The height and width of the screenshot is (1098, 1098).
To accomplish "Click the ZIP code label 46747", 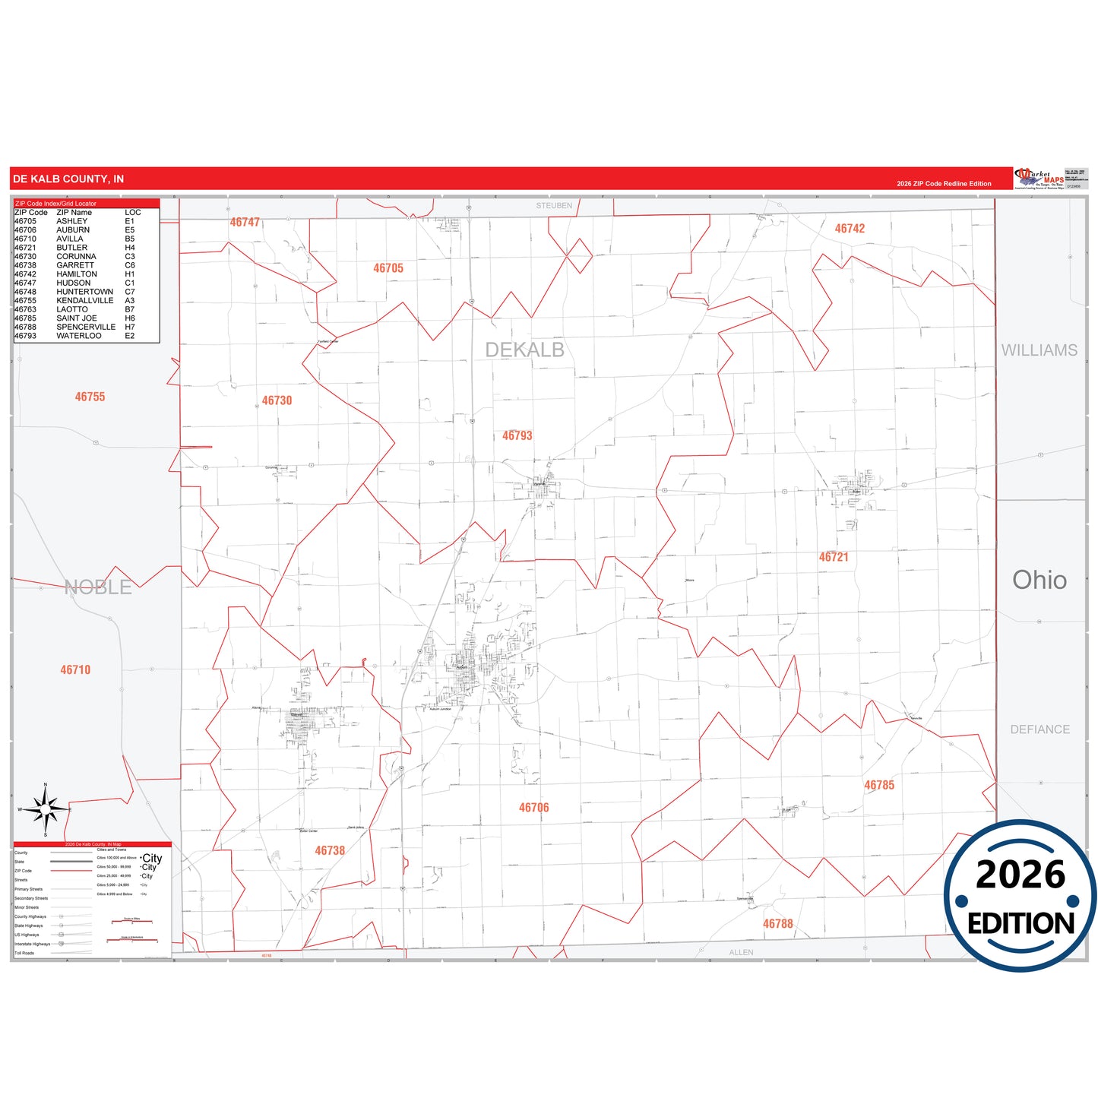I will [x=245, y=223].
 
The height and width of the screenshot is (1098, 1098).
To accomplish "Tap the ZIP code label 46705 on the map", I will [x=388, y=268].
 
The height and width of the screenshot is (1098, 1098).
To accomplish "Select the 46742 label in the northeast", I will [x=850, y=229].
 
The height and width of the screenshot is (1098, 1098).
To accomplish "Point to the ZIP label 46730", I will [x=277, y=400].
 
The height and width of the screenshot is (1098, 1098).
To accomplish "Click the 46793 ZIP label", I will [x=517, y=435].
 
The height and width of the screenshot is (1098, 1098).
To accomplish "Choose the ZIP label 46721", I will [x=834, y=557].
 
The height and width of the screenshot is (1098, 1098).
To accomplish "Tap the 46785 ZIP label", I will [x=879, y=785].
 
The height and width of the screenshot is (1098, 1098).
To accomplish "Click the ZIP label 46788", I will [x=778, y=924].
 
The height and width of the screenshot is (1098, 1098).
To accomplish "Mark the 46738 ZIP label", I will [x=330, y=851].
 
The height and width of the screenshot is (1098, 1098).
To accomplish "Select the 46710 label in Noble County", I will [x=75, y=669].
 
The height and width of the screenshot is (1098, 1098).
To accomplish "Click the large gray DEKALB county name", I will [x=524, y=350].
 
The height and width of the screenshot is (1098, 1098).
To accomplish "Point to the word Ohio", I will [x=1039, y=581].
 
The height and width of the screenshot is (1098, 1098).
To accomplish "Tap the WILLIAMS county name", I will [x=1039, y=350].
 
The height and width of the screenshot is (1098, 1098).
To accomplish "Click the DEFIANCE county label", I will [x=1039, y=729].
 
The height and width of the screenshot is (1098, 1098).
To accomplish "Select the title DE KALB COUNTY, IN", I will [x=68, y=179].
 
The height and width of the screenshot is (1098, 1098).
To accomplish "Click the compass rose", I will [x=46, y=810].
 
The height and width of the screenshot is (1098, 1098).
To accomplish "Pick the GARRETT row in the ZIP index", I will [x=75, y=265].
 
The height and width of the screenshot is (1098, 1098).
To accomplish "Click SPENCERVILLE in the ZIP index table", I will [x=86, y=327].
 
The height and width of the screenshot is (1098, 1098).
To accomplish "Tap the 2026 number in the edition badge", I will [x=1020, y=875].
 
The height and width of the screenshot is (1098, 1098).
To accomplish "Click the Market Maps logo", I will [x=1039, y=179].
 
